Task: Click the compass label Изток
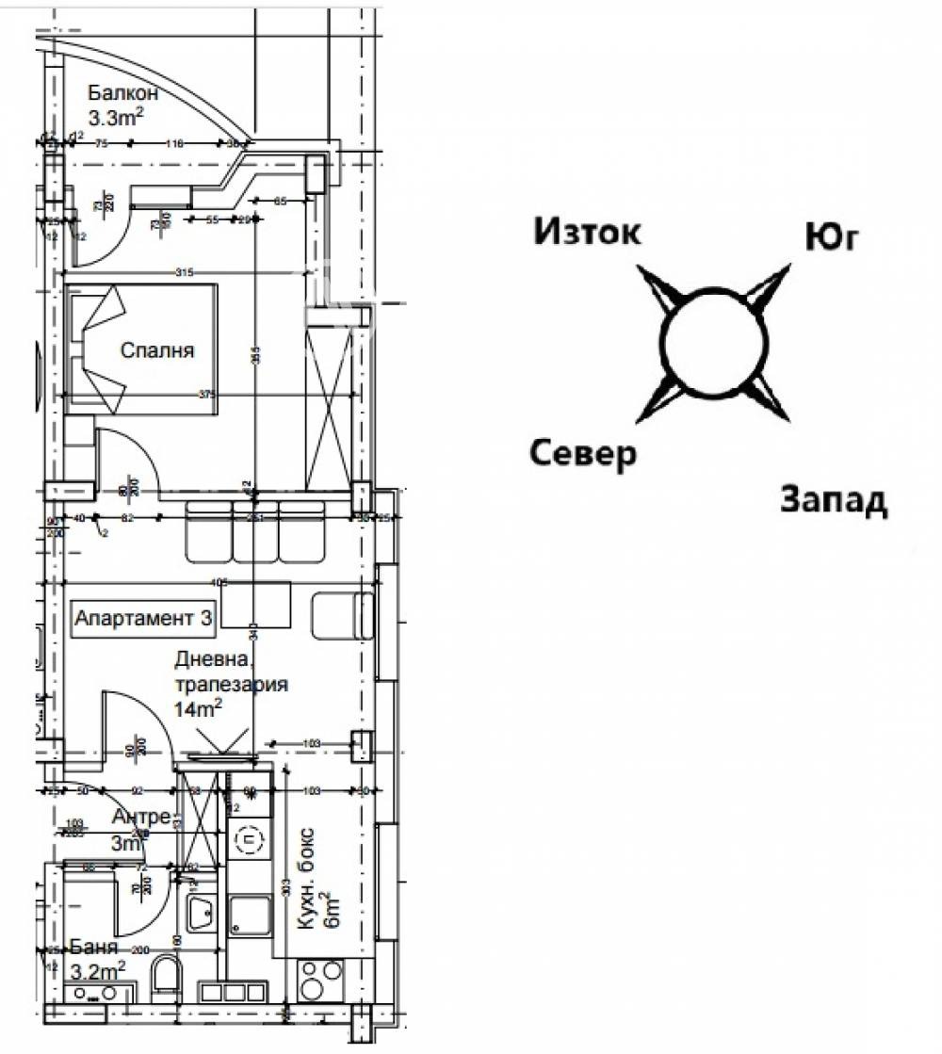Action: [587, 231]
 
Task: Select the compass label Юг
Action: [831, 237]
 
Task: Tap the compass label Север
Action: [582, 454]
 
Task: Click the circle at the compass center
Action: [712, 341]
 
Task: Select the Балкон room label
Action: [122, 92]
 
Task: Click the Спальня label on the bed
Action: [157, 350]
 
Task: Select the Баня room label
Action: [94, 948]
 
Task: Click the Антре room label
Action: [141, 817]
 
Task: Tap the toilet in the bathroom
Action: [165, 975]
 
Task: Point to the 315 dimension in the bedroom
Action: [183, 273]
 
